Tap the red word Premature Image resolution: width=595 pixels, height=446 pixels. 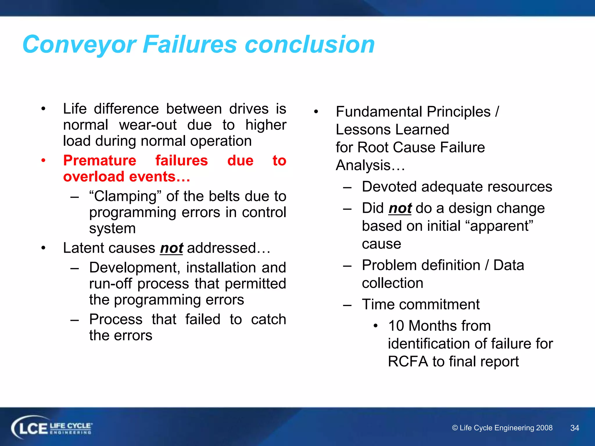coord(100,161)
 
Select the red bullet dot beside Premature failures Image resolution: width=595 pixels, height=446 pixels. coord(43,160)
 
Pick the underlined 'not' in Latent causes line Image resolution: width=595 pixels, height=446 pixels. coord(171,248)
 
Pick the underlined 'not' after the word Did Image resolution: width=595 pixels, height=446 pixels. coord(400,208)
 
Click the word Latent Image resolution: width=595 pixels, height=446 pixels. coord(83,248)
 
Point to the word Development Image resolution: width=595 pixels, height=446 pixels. coord(134,268)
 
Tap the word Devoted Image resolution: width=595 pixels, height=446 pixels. coord(389,187)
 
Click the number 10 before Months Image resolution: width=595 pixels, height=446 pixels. coord(396,326)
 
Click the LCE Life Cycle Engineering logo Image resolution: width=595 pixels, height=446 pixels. coord(52,428)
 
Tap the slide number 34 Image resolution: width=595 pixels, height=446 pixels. coord(575,428)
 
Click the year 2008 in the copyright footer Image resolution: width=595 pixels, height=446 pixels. coord(544,428)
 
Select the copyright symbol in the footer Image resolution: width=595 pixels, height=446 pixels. coord(455,428)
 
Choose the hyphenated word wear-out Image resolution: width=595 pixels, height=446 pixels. coord(148,125)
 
